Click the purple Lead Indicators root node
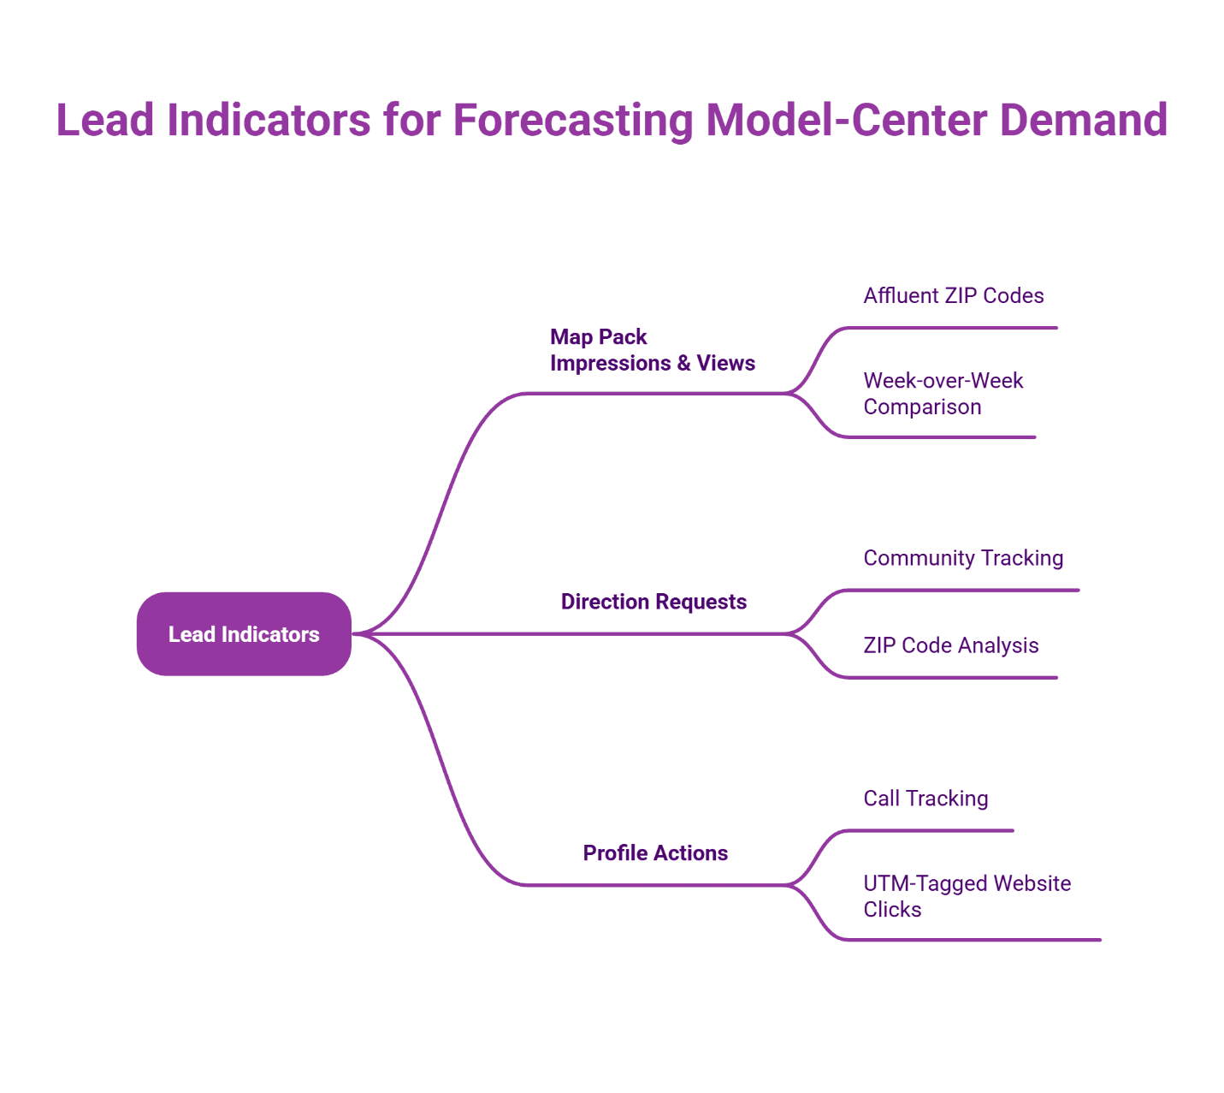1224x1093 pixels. pos(244,634)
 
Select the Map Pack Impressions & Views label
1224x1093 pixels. pos(652,350)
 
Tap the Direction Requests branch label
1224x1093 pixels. pos(653,602)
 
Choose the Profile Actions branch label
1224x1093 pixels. pos(655,852)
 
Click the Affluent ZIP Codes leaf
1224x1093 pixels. pos(953,296)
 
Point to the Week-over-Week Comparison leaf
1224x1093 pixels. pos(943,394)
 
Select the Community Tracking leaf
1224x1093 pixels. pos(963,558)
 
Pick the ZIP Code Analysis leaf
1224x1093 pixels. pos(950,645)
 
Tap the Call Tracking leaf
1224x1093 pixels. pos(925,799)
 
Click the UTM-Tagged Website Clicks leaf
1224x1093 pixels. pos(967,896)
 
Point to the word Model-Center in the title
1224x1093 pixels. pos(847,120)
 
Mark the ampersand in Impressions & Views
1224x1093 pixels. pos(683,364)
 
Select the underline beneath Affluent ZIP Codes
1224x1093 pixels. pos(949,327)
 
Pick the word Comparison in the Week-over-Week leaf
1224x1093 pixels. pos(922,407)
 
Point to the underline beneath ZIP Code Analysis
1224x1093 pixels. pos(949,677)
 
